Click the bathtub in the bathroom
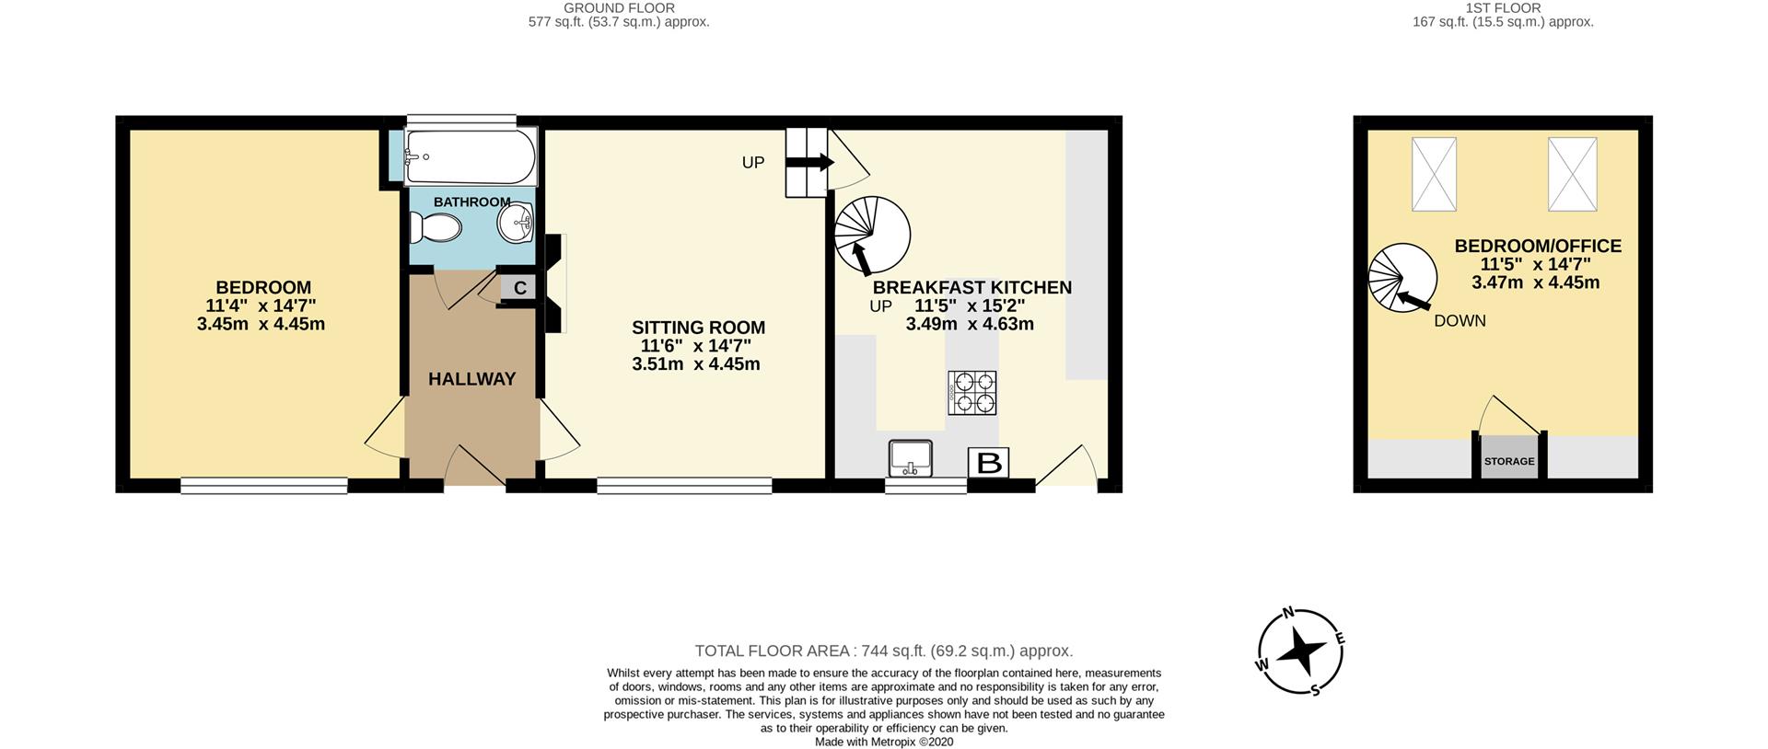click(x=471, y=156)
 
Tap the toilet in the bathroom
click(x=436, y=227)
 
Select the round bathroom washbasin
click(x=516, y=224)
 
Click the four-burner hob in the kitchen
click(x=972, y=392)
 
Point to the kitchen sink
click(x=912, y=458)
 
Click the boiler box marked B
click(x=989, y=463)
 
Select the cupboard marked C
click(x=519, y=288)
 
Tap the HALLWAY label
click(x=472, y=379)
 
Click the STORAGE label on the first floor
click(x=1509, y=461)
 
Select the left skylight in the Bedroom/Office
click(x=1434, y=174)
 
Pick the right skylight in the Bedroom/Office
click(x=1572, y=174)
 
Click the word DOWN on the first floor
click(x=1460, y=321)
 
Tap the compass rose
click(x=1301, y=652)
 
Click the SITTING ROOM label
click(x=699, y=328)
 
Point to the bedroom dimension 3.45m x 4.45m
click(x=261, y=324)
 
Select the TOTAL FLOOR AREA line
click(x=884, y=651)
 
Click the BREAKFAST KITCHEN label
click(x=972, y=288)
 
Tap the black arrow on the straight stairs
click(x=809, y=163)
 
